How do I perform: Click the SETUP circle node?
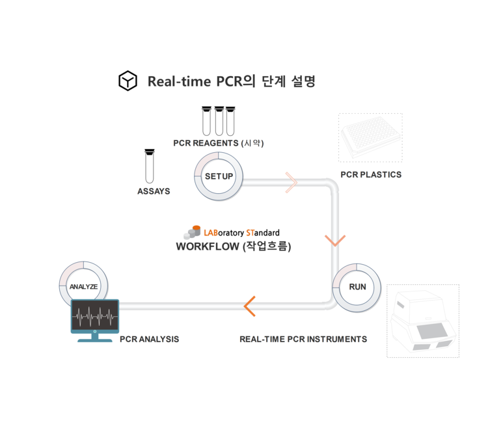point(219,176)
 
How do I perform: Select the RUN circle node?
point(357,287)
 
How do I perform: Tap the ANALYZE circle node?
point(83,286)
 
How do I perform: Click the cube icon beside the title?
point(128,81)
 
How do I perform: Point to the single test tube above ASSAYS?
point(150,167)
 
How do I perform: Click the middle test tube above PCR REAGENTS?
point(219,120)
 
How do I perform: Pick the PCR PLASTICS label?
point(371,174)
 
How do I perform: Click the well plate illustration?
point(370,137)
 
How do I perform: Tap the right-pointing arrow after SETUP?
point(291,183)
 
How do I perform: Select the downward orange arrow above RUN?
point(335,240)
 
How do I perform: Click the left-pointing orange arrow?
point(249,305)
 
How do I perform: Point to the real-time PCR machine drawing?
point(423,321)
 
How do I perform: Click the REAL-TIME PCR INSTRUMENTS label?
point(303,339)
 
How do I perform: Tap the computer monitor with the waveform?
point(95,319)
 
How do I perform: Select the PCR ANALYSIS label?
point(150,339)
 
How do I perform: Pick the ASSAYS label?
point(154,191)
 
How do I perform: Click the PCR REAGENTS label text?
point(206,143)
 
